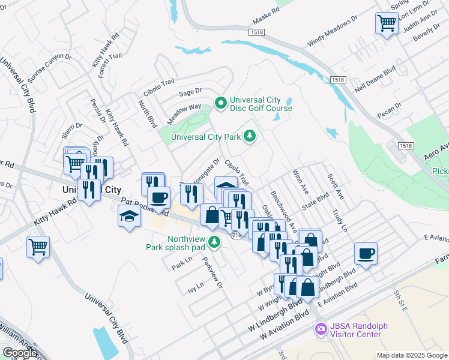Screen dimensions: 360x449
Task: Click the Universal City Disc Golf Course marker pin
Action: coord(220,104)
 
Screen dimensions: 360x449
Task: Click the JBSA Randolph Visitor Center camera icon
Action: coord(321,329)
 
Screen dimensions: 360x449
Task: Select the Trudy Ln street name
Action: coord(340,220)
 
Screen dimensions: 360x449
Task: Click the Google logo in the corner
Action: coord(20,353)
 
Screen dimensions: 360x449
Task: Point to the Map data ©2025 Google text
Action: coord(412,355)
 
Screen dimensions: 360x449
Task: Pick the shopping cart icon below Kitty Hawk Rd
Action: coord(38,246)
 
